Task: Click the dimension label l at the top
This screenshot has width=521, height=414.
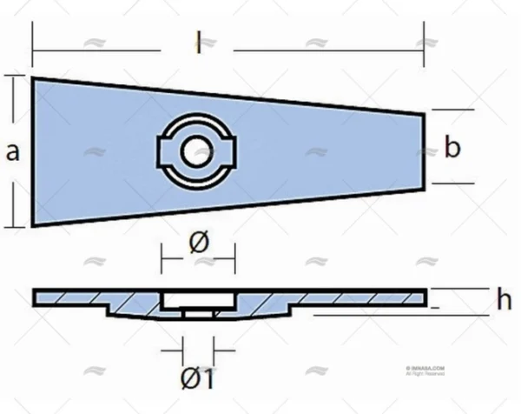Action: click(x=198, y=42)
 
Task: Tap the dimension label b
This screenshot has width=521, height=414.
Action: click(x=452, y=148)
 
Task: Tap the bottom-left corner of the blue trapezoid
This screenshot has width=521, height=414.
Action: click(x=34, y=225)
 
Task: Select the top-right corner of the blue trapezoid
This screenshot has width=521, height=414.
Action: click(x=424, y=112)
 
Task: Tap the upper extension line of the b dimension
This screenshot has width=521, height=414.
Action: click(x=452, y=110)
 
